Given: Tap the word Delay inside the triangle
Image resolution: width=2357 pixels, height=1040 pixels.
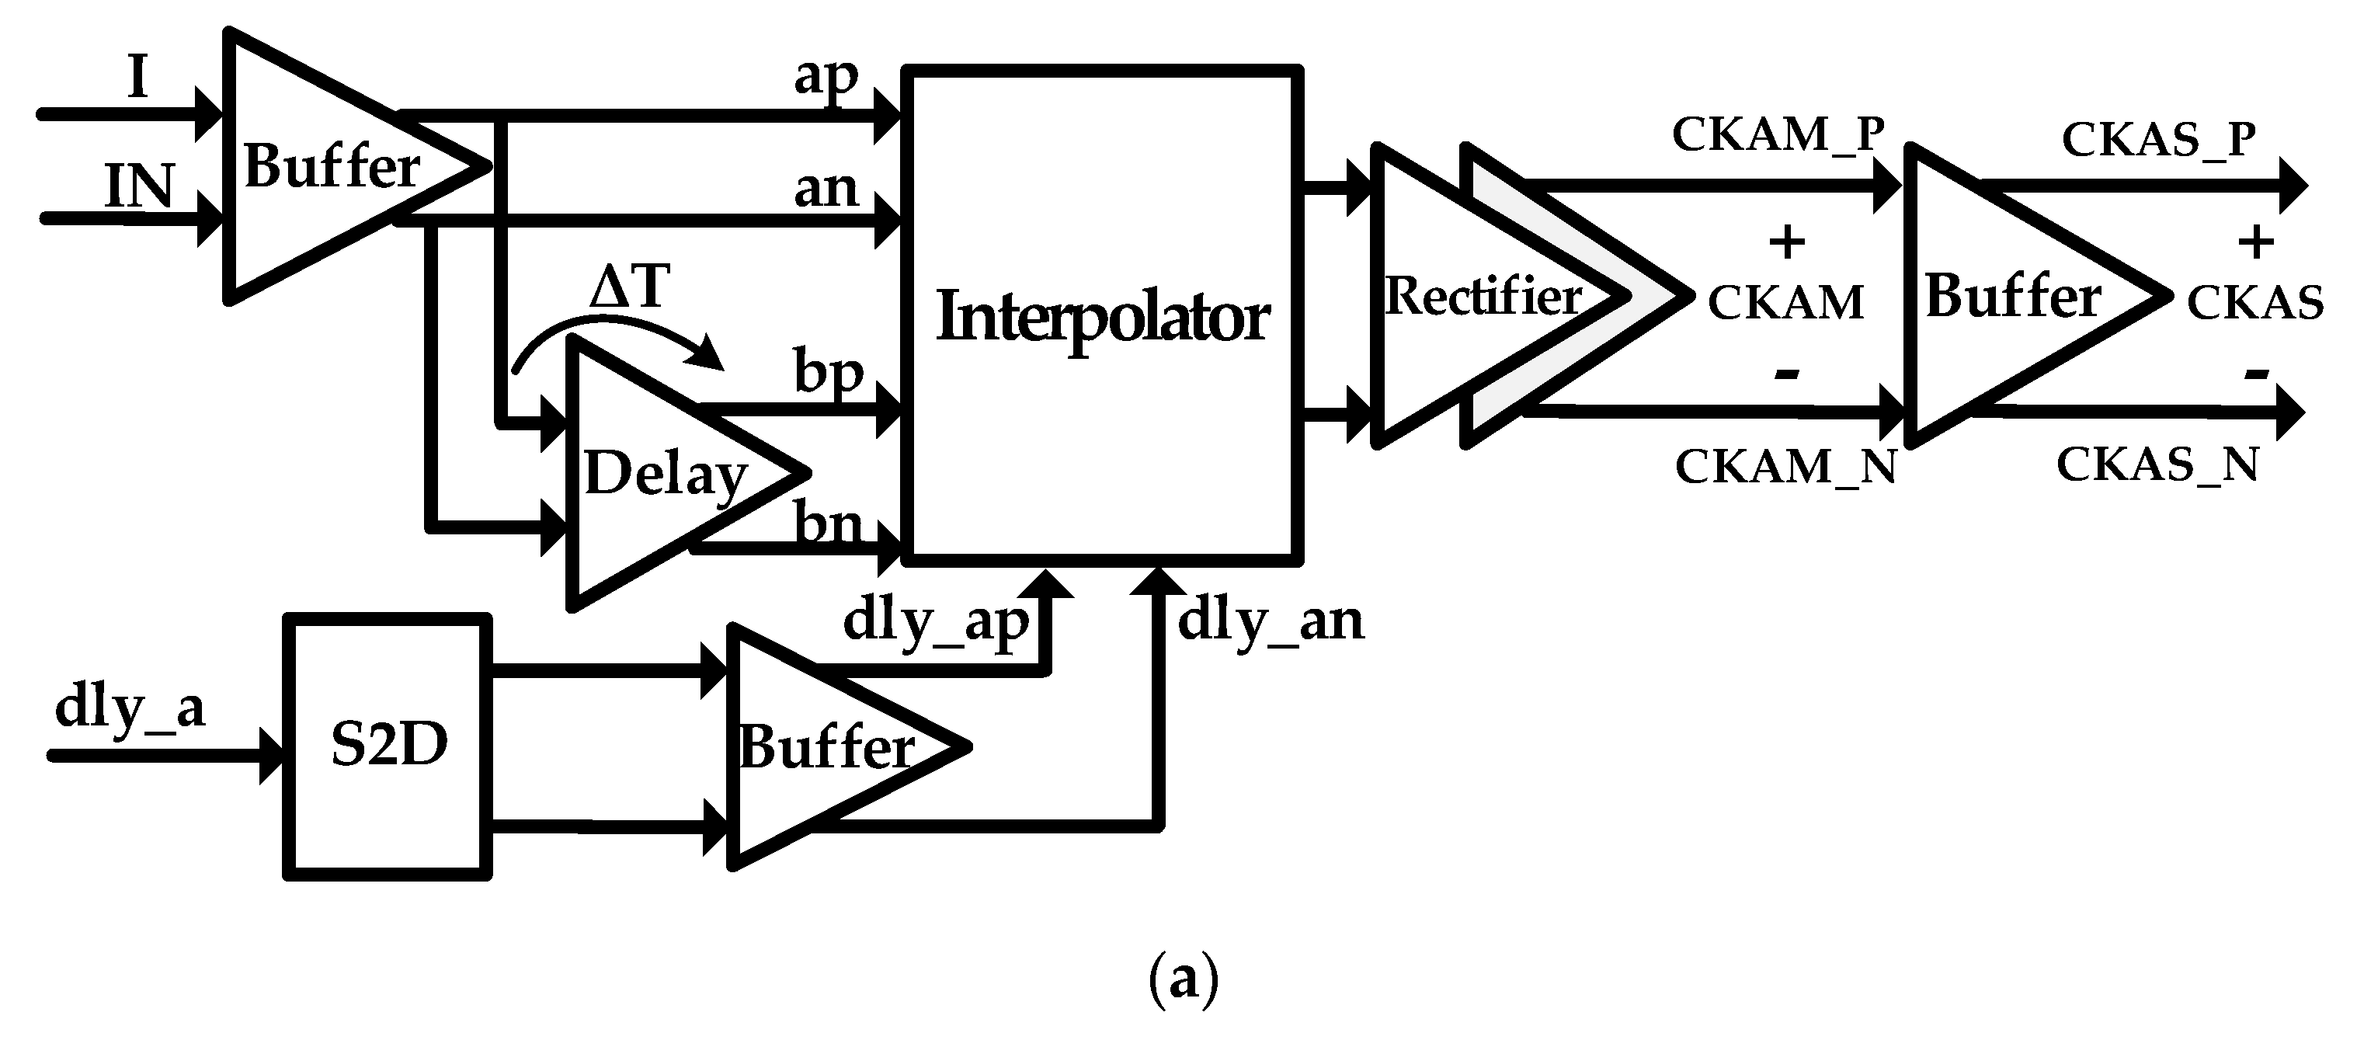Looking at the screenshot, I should (666, 475).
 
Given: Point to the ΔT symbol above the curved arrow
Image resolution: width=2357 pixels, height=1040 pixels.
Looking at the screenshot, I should (630, 286).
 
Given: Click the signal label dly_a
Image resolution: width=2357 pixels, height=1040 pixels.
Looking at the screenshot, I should (130, 708).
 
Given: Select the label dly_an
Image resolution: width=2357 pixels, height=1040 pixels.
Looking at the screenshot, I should (1270, 621).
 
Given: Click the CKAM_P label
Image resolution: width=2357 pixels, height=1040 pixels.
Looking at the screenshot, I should (1778, 134).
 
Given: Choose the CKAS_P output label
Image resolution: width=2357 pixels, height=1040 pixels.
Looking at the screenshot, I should (2158, 140).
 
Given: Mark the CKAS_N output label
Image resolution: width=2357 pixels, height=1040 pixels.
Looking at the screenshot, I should (2157, 465).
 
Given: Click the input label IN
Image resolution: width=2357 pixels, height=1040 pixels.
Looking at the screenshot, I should (139, 186).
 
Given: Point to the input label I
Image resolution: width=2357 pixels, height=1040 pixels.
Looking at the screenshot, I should (137, 78).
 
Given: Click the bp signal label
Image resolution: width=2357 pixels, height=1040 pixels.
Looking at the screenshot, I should (828, 373).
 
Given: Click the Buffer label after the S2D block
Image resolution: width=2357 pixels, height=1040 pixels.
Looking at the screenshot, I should (826, 747).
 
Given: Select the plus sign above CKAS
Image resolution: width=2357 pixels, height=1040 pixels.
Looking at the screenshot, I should (2255, 242).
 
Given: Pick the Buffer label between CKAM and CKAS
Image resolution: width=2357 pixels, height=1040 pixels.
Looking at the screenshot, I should (2013, 297).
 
